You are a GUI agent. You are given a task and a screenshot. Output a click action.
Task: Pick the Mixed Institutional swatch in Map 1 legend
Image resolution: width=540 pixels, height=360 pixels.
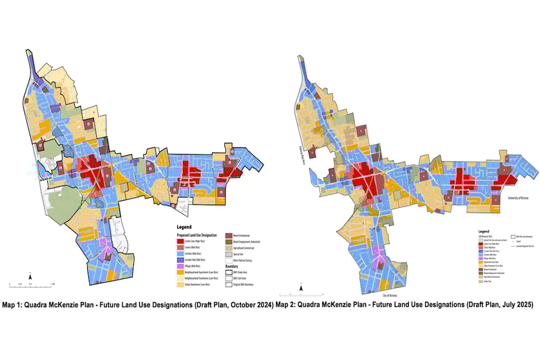point(229,236)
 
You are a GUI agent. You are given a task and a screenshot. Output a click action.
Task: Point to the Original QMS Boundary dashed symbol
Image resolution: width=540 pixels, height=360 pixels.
point(229,284)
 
